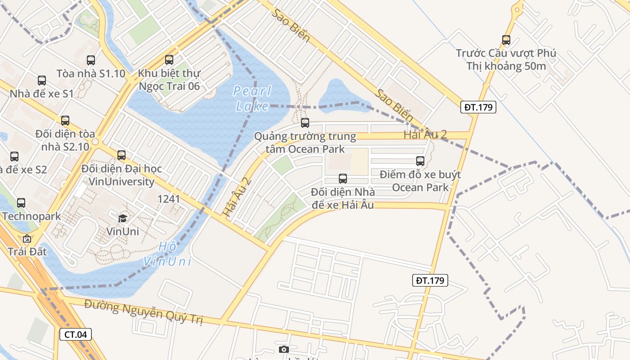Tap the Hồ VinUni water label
point(167,254)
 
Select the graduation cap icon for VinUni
point(122,219)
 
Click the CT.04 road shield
point(76,334)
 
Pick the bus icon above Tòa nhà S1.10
point(91,60)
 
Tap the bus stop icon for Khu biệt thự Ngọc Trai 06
point(169,59)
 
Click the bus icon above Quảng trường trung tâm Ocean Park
point(305,122)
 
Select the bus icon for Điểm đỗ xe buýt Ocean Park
point(420,161)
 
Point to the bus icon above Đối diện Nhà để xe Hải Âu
point(343,179)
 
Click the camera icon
point(283,350)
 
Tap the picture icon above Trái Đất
point(27,238)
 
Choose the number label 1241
point(169,199)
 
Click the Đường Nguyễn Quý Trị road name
point(144,312)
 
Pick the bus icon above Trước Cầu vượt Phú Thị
point(506,40)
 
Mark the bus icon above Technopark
point(21,203)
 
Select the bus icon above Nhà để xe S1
point(42,81)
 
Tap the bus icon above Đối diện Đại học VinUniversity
point(121,155)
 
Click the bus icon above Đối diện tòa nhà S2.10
point(65,121)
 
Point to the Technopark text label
point(31,216)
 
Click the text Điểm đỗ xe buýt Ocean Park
point(420,181)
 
